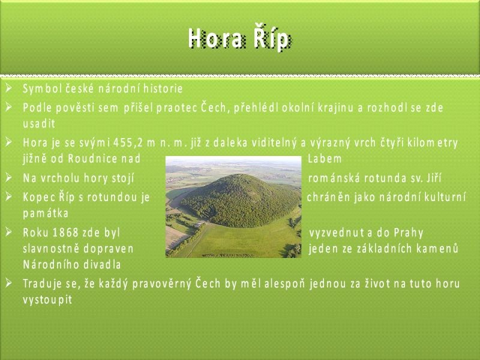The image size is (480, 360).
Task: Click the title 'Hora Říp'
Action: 239,39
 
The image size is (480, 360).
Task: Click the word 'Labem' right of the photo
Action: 325,158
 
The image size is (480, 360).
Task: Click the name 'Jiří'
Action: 434,178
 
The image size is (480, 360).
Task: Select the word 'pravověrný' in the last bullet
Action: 161,284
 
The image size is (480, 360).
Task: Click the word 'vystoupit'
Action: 47,299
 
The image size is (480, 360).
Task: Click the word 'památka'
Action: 46,213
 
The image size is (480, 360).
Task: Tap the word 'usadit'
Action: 39,124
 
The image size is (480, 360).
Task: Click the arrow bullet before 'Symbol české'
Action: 8,88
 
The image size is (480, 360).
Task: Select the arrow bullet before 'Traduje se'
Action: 8,283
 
